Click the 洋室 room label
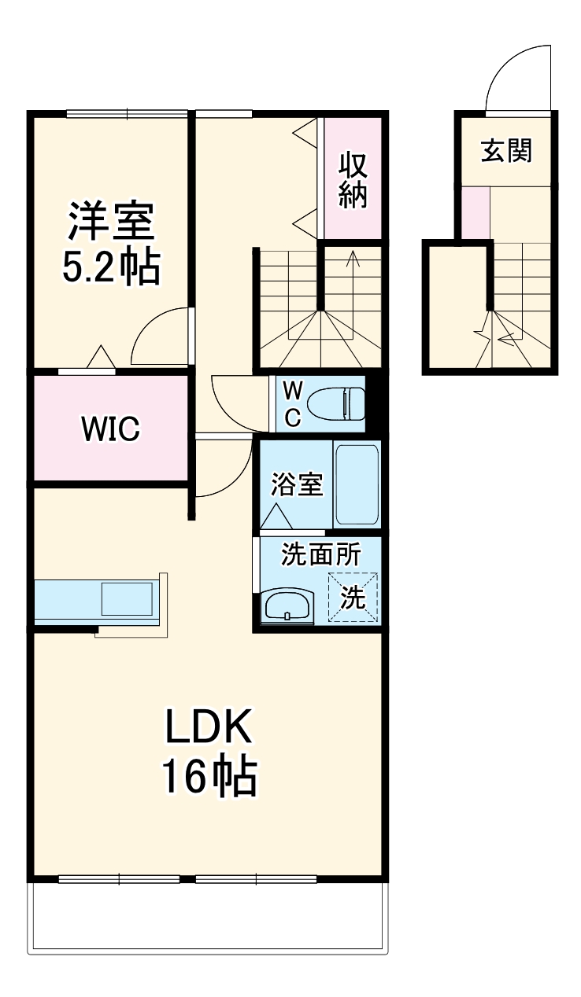point(110,223)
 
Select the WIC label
point(110,429)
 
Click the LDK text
point(208,727)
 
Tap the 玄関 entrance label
point(506,150)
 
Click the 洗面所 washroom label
point(321,554)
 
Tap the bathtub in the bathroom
point(357,484)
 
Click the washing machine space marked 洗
point(353,598)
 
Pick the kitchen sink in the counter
point(126,599)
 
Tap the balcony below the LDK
point(208,917)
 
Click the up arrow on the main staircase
point(352,259)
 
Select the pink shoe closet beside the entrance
point(475,212)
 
